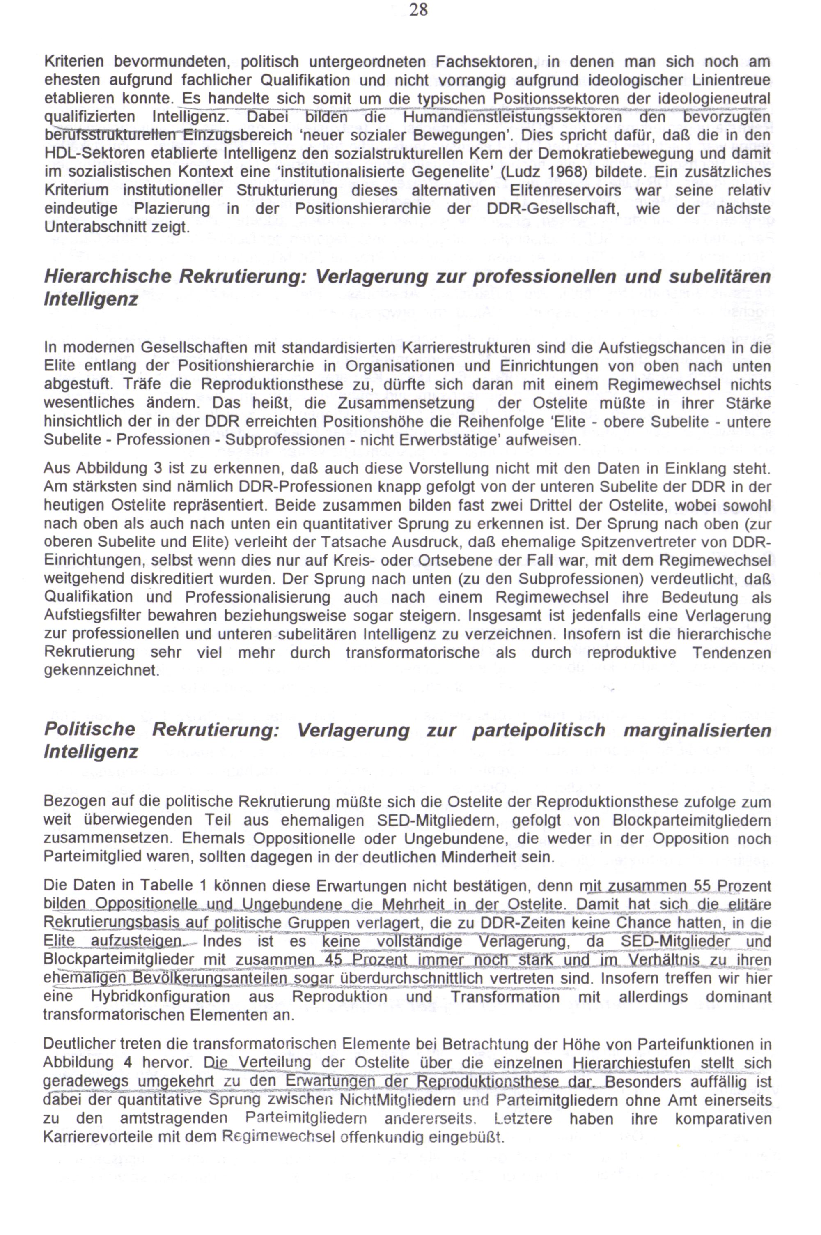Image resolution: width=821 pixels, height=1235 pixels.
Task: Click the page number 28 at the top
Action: pos(418,9)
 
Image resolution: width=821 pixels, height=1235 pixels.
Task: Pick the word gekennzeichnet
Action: pos(101,671)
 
